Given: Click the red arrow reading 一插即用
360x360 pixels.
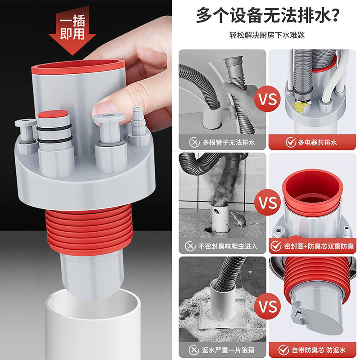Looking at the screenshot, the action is [72, 30].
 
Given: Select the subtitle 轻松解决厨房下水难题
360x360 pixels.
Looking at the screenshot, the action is [267, 35].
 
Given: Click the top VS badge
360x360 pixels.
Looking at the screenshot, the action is [267, 99].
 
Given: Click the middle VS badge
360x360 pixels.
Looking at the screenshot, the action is [267, 202].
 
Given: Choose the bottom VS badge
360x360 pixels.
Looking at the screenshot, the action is [267, 306].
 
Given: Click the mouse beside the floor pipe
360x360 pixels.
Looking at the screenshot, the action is [238, 219].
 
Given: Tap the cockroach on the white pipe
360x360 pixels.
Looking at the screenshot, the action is [216, 211].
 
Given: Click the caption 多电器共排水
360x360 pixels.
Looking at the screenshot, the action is [317, 142].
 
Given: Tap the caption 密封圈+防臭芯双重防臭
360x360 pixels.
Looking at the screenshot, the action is [319, 246].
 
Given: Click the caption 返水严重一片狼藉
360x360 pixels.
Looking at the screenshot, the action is [228, 350].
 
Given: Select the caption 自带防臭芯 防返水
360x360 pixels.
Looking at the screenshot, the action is [319, 350].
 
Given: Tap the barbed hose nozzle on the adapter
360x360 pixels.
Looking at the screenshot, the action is [138, 121].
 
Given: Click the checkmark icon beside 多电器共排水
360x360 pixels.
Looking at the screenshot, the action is [290, 142].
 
